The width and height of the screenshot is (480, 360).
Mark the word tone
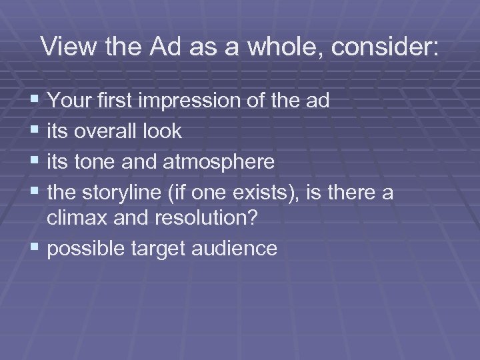95,161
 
